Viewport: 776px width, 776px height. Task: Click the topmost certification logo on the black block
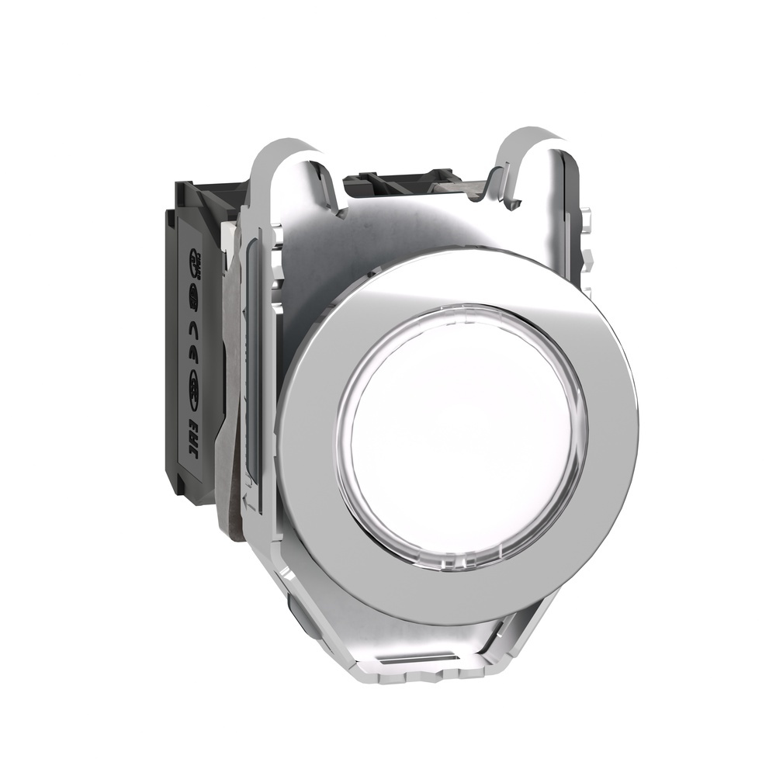pos(195,259)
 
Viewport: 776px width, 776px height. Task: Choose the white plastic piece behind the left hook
pos(233,233)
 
